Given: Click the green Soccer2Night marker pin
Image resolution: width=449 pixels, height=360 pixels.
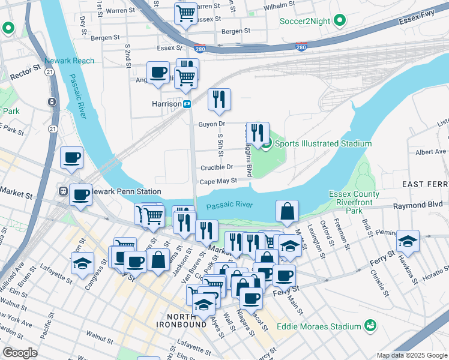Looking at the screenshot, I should [x=339, y=21].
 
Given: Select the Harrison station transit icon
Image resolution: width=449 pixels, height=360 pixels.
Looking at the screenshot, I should [x=187, y=104].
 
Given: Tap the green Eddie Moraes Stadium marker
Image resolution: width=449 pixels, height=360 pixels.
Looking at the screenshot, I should [x=371, y=326].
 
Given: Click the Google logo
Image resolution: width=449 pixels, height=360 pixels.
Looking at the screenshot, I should [x=19, y=353].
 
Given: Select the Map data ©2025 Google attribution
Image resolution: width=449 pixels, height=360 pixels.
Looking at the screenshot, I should [x=411, y=355].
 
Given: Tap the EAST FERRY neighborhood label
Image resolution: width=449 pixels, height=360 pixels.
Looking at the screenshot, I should [x=425, y=184].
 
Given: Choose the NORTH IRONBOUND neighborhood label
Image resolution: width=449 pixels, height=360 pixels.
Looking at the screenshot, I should [x=185, y=321].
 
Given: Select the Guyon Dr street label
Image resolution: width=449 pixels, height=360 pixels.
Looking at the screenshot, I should [x=211, y=124].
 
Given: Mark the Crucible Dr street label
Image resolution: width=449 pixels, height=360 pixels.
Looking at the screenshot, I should [x=217, y=167].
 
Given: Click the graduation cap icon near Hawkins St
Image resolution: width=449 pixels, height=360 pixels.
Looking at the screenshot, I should [x=408, y=241].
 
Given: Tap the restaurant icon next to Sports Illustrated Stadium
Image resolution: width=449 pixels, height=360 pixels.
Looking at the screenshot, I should [x=258, y=133].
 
